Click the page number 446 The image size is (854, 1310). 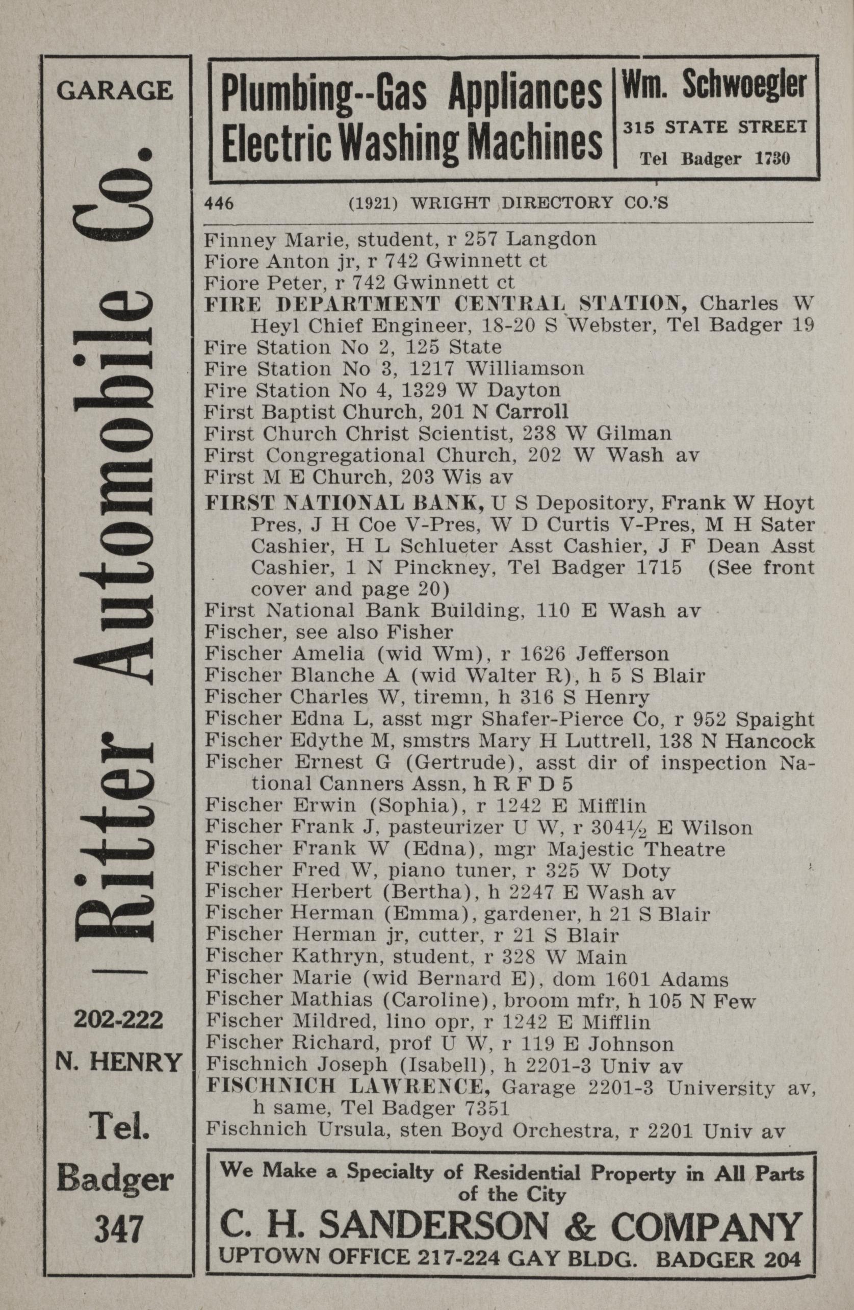coord(219,204)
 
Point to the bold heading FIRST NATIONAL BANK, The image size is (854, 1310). coord(345,502)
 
